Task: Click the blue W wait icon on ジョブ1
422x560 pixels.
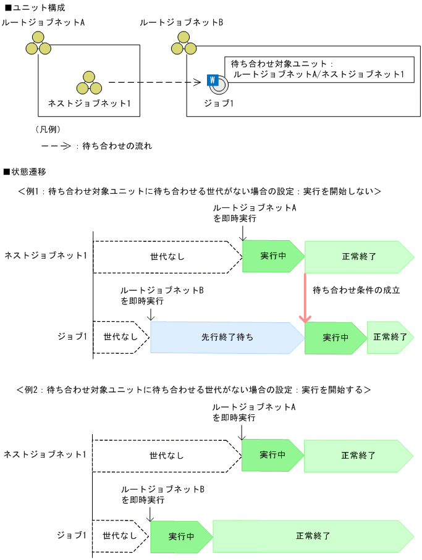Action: pos(212,80)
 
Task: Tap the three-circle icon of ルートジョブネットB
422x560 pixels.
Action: pos(184,43)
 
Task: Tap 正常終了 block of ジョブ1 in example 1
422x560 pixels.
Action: pos(390,337)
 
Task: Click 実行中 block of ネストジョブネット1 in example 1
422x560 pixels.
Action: pos(272,256)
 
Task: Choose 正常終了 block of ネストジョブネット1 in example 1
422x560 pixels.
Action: pos(358,256)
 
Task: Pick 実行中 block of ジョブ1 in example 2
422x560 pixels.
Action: pos(181,536)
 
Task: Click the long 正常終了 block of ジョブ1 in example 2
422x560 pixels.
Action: pos(313,536)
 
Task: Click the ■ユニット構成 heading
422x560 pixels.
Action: pos(34,8)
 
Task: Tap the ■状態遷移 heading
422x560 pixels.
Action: pos(25,171)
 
